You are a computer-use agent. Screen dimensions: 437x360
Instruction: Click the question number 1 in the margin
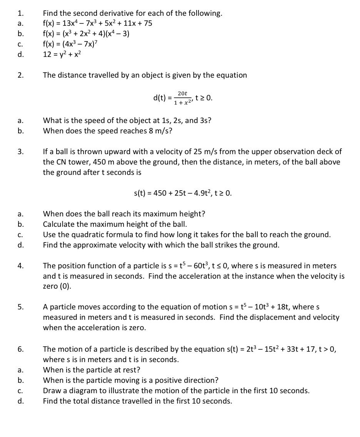pyautogui.click(x=19, y=13)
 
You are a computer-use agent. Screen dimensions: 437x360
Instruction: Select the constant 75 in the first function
pyautogui.click(x=147, y=24)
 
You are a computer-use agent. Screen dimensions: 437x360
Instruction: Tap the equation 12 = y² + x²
pyautogui.click(x=62, y=54)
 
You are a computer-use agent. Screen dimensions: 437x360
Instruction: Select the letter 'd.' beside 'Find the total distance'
pyautogui.click(x=20, y=401)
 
